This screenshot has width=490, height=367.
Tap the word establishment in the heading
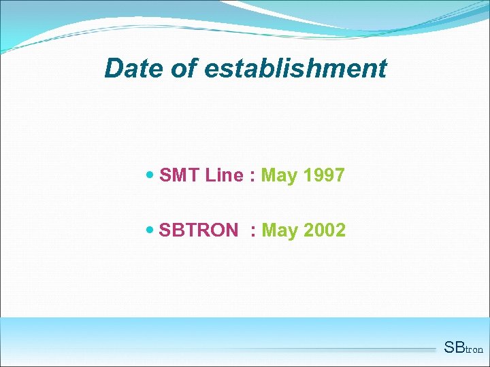tap(295, 69)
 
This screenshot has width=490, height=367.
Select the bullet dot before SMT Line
tap(150, 175)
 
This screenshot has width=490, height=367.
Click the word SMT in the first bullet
tap(179, 175)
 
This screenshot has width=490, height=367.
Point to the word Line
tap(224, 175)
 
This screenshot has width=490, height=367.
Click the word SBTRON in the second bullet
tap(198, 230)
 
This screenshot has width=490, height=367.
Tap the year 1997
tap(324, 175)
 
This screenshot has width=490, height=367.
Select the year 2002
tap(325, 230)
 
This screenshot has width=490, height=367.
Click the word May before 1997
tap(279, 176)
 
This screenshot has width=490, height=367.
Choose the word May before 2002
tap(280, 231)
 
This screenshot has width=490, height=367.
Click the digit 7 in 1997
tap(340, 175)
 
